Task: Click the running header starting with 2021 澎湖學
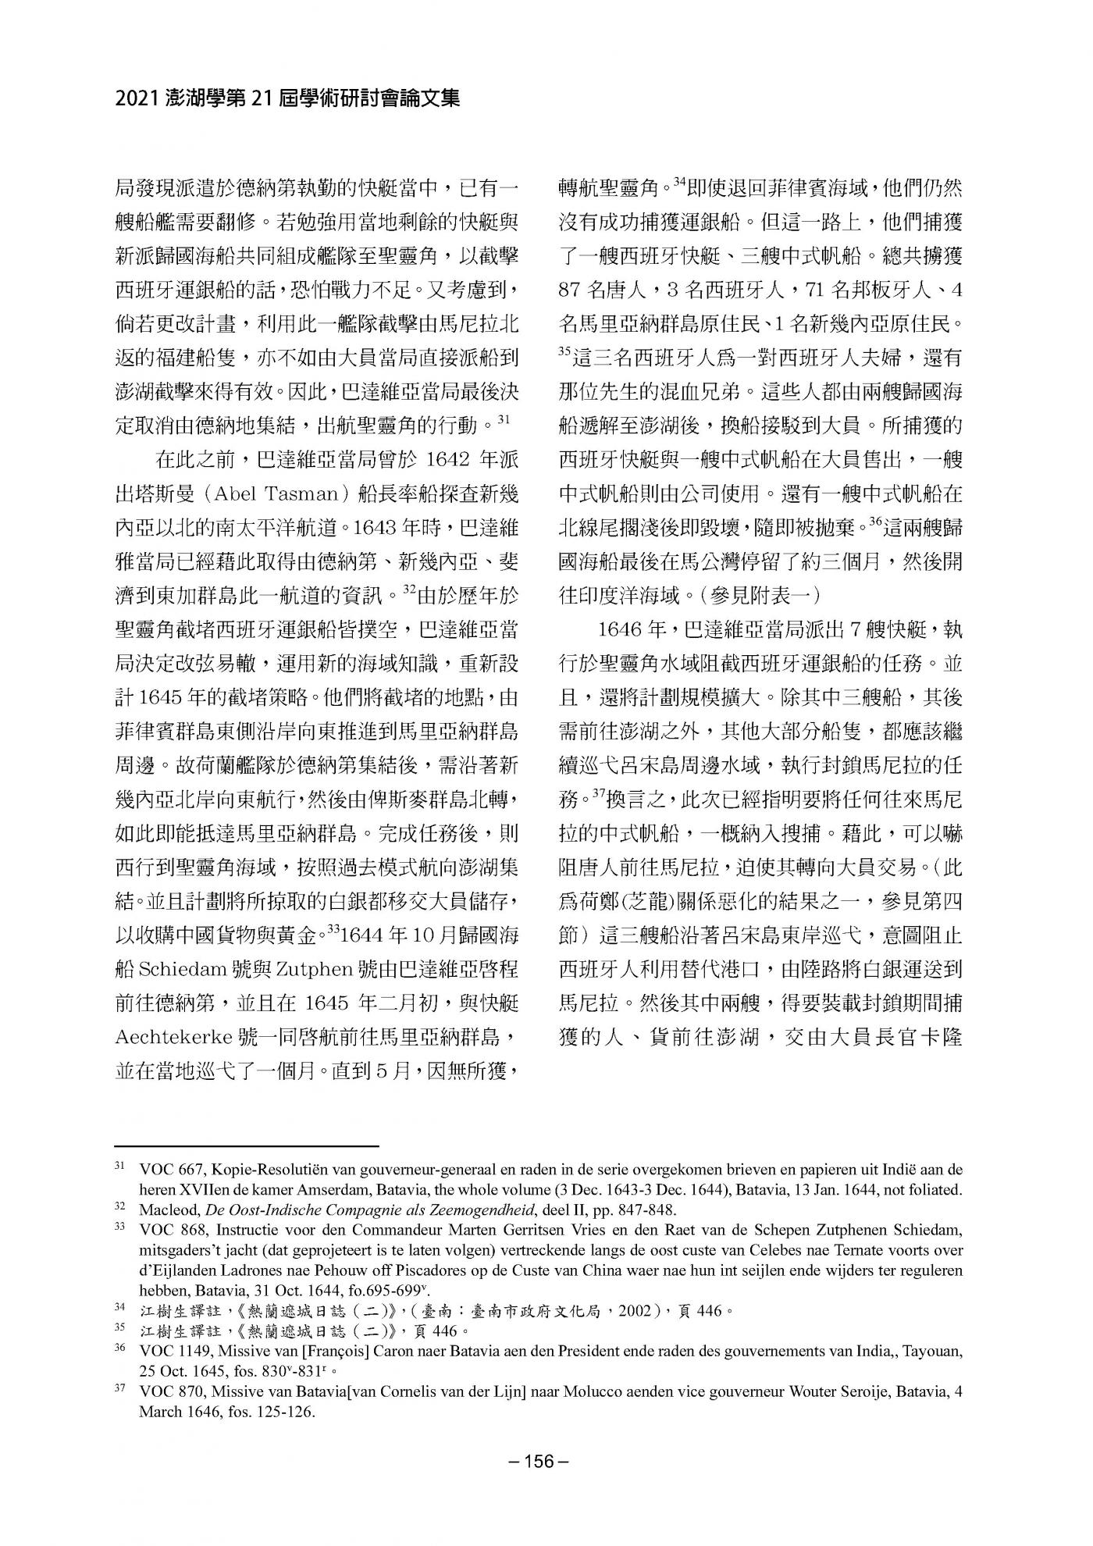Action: click(x=287, y=98)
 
